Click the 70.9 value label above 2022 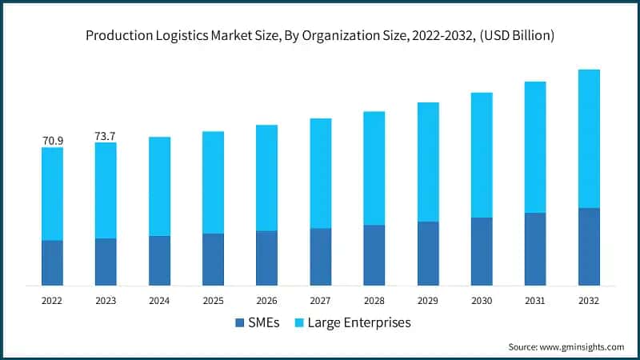(x=53, y=141)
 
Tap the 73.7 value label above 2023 (x=106, y=137)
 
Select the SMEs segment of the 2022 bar (x=53, y=262)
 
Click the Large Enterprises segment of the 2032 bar (x=589, y=138)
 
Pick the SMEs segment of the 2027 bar (x=321, y=257)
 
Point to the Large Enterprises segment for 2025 (x=214, y=182)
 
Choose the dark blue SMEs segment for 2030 (x=482, y=251)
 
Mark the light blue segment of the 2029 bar (x=428, y=162)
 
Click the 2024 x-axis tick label (x=159, y=301)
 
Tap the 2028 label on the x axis (x=374, y=301)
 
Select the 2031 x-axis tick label (x=535, y=301)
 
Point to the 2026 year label (x=266, y=301)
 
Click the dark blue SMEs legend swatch (x=240, y=323)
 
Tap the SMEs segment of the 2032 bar (x=589, y=246)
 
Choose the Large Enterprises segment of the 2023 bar (x=106, y=190)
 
